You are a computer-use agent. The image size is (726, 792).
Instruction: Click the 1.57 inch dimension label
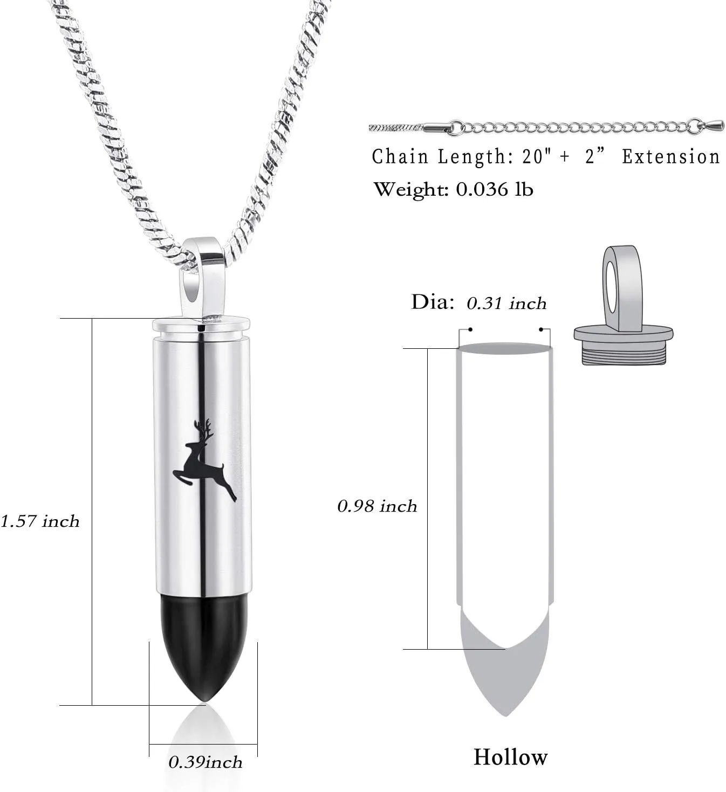point(40,521)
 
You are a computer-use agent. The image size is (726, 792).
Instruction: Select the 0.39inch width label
point(206,762)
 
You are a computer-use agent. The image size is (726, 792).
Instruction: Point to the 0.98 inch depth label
point(377,506)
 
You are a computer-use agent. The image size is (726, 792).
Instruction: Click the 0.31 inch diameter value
point(507,303)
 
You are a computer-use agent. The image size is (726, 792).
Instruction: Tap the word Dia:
point(433,302)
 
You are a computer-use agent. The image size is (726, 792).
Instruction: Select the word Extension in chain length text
point(671,157)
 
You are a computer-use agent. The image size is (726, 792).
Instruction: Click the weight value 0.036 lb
point(495,189)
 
